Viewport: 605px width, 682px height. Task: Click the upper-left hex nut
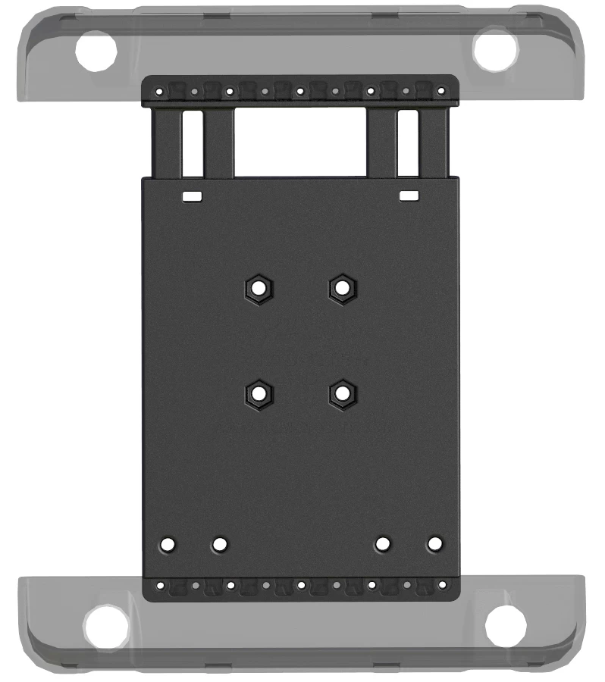pyautogui.click(x=259, y=288)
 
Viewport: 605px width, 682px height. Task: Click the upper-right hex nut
pyautogui.click(x=343, y=288)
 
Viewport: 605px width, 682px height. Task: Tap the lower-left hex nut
pyautogui.click(x=259, y=393)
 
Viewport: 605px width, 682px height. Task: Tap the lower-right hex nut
pyautogui.click(x=343, y=393)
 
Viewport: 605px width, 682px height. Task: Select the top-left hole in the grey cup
pyautogui.click(x=96, y=52)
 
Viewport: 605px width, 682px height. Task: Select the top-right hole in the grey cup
pyautogui.click(x=495, y=50)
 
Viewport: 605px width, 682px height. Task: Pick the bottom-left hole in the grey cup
pyautogui.click(x=106, y=626)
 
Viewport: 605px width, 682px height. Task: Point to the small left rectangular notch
pyautogui.click(x=193, y=196)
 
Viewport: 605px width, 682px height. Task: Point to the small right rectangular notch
pyautogui.click(x=409, y=196)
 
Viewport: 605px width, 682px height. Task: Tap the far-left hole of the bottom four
pyautogui.click(x=168, y=544)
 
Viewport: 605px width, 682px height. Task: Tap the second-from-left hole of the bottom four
pyautogui.click(x=220, y=544)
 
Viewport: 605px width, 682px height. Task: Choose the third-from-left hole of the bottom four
pyautogui.click(x=383, y=544)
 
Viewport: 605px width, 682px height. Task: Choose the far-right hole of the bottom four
pyautogui.click(x=434, y=544)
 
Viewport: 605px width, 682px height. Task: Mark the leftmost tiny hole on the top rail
pyautogui.click(x=159, y=92)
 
